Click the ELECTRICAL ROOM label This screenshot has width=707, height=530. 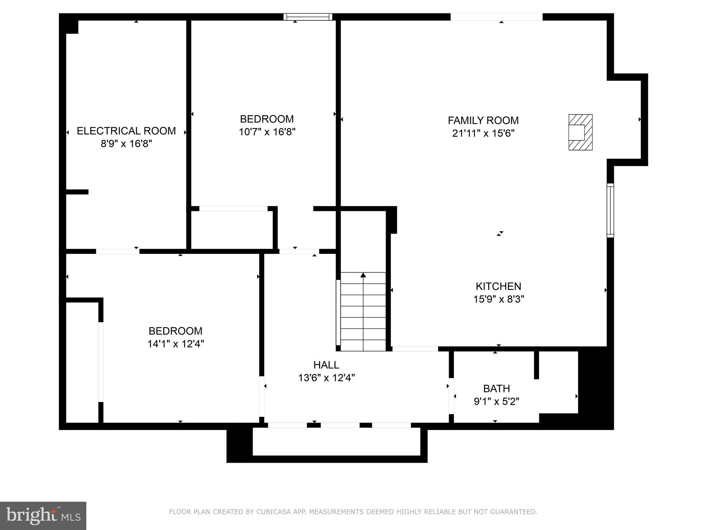pos(126,131)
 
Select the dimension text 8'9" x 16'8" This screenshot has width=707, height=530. pos(126,144)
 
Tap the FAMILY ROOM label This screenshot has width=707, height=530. pos(483,120)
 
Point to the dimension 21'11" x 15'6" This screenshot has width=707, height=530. pos(483,133)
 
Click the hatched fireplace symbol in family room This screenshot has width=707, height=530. pos(580,132)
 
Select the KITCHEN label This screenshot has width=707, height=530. pos(498,286)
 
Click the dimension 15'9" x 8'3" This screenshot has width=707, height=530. pos(498,299)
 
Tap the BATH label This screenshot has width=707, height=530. pos(496,389)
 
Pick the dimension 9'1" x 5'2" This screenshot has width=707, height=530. pos(496,402)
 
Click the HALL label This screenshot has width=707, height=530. pos(326,365)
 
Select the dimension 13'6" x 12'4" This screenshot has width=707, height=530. pos(326,378)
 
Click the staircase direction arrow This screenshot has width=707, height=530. pos(363,275)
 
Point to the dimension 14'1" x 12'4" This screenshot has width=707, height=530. pos(175,344)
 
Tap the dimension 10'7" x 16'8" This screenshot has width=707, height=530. pos(267,132)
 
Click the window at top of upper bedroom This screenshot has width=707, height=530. pos(308,17)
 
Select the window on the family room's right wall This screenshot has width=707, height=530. pos(610,210)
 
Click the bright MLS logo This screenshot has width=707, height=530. pos(43,516)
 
